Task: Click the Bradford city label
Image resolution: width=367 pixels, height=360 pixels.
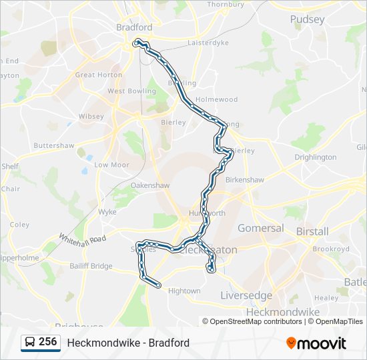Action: (x=134, y=27)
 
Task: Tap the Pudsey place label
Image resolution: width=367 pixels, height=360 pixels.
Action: (x=306, y=19)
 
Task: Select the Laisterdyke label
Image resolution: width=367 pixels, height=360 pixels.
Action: (x=208, y=42)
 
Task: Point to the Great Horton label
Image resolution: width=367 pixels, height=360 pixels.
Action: (x=99, y=75)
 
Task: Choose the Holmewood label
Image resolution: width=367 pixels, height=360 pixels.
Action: (x=217, y=99)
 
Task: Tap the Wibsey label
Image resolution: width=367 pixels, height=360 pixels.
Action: (x=91, y=116)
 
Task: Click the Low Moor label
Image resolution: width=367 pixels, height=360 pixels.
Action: (x=111, y=164)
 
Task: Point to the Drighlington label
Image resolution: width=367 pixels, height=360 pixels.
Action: (x=316, y=157)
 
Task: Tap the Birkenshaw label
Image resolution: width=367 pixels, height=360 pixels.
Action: (x=246, y=180)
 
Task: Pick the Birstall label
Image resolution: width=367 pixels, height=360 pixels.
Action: (x=312, y=231)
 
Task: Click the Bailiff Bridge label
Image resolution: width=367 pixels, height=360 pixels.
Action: (x=91, y=265)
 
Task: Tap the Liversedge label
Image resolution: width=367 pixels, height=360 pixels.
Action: (x=246, y=295)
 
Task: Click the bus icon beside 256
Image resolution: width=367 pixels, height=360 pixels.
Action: (x=30, y=343)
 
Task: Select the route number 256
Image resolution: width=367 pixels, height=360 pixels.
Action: (x=47, y=342)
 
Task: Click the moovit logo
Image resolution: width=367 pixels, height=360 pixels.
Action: (x=316, y=343)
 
